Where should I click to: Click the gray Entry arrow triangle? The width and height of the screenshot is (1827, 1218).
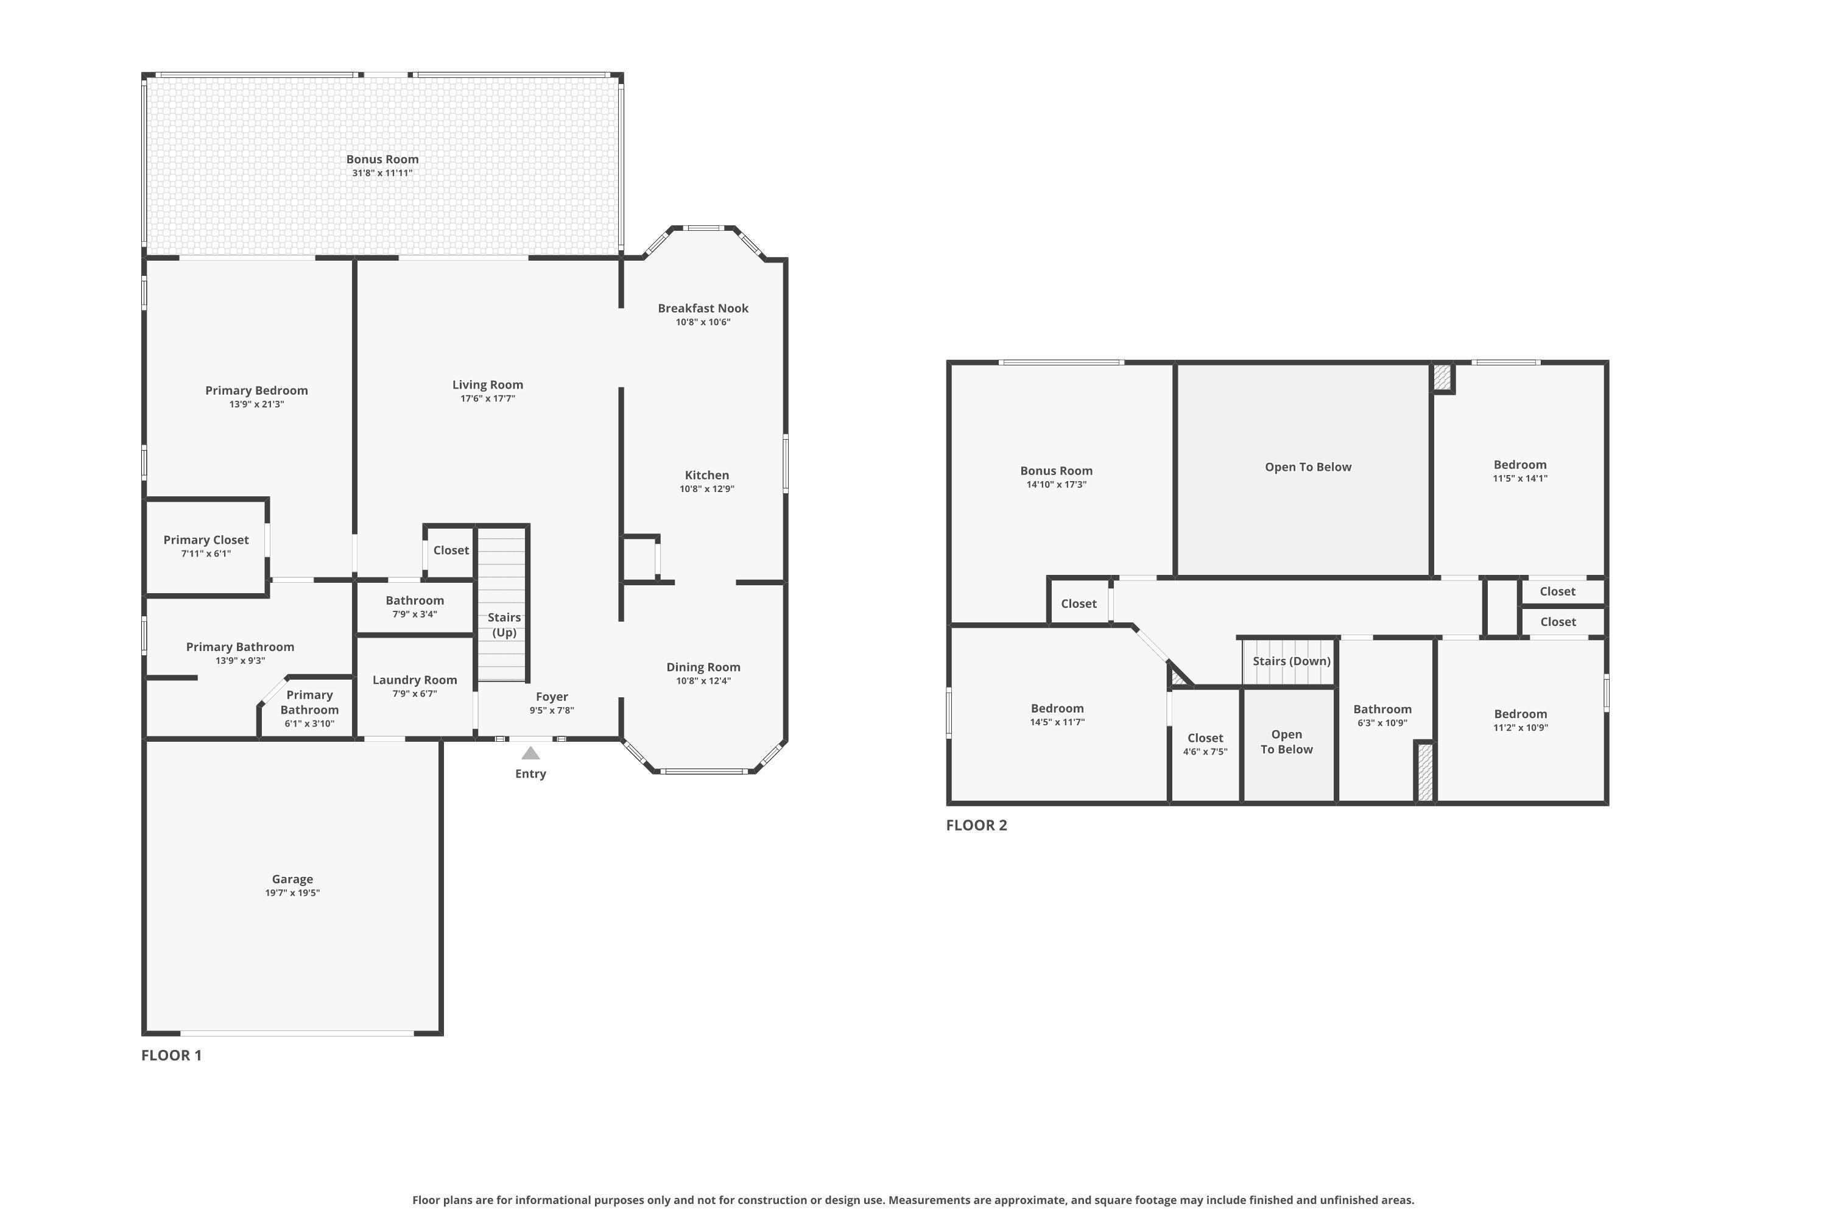pyautogui.click(x=530, y=753)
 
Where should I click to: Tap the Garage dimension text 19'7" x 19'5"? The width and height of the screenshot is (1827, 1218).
pyautogui.click(x=292, y=893)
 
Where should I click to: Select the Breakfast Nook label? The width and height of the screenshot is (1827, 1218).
pyautogui.click(x=703, y=308)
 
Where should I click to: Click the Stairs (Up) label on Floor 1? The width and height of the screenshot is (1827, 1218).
pyautogui.click(x=504, y=625)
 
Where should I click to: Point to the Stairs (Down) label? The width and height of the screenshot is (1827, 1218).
pyautogui.click(x=1291, y=661)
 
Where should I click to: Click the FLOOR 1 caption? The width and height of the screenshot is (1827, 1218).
pyautogui.click(x=172, y=1055)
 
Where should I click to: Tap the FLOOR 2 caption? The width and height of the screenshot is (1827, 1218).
pyautogui.click(x=976, y=825)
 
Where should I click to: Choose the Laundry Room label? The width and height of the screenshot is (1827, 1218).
pyautogui.click(x=415, y=680)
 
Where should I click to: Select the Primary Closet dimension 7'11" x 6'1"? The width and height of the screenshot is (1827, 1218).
pyautogui.click(x=206, y=554)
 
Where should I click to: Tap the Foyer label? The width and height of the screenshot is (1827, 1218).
pyautogui.click(x=552, y=697)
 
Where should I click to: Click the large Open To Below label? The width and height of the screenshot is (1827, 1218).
pyautogui.click(x=1308, y=467)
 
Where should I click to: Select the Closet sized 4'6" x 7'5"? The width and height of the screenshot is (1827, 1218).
pyautogui.click(x=1205, y=738)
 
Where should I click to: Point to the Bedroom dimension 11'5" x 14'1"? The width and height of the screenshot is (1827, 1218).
pyautogui.click(x=1519, y=479)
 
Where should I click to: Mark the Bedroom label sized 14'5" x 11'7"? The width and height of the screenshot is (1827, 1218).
pyautogui.click(x=1057, y=708)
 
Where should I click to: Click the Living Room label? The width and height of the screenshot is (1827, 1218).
pyautogui.click(x=488, y=384)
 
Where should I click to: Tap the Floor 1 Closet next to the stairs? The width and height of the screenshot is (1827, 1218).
pyautogui.click(x=451, y=550)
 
